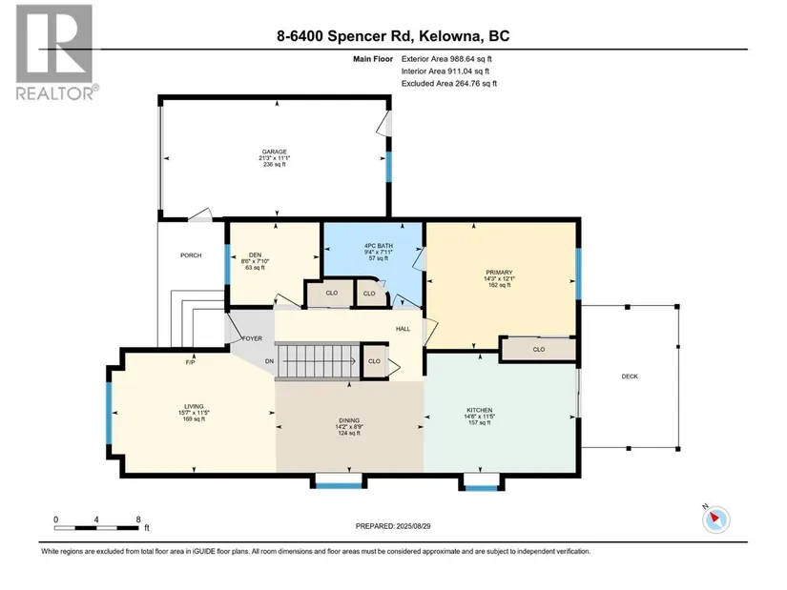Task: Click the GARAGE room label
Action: click(x=274, y=152)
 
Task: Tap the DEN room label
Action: click(x=255, y=254)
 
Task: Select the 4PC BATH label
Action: click(x=379, y=246)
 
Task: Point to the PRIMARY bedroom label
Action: click(x=499, y=273)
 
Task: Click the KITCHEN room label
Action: click(x=479, y=410)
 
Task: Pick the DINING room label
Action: click(x=349, y=420)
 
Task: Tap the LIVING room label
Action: click(x=194, y=406)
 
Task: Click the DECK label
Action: click(x=630, y=376)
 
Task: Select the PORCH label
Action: click(x=191, y=255)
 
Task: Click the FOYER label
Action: click(x=252, y=338)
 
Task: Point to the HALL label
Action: click(x=403, y=329)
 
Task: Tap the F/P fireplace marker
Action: click(x=190, y=362)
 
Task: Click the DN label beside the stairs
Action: click(x=270, y=361)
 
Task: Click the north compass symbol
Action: click(x=715, y=519)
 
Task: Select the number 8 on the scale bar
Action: click(x=138, y=519)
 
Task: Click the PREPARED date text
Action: click(x=393, y=526)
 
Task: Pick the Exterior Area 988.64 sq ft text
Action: click(x=446, y=59)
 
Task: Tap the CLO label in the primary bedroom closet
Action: click(x=539, y=349)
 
